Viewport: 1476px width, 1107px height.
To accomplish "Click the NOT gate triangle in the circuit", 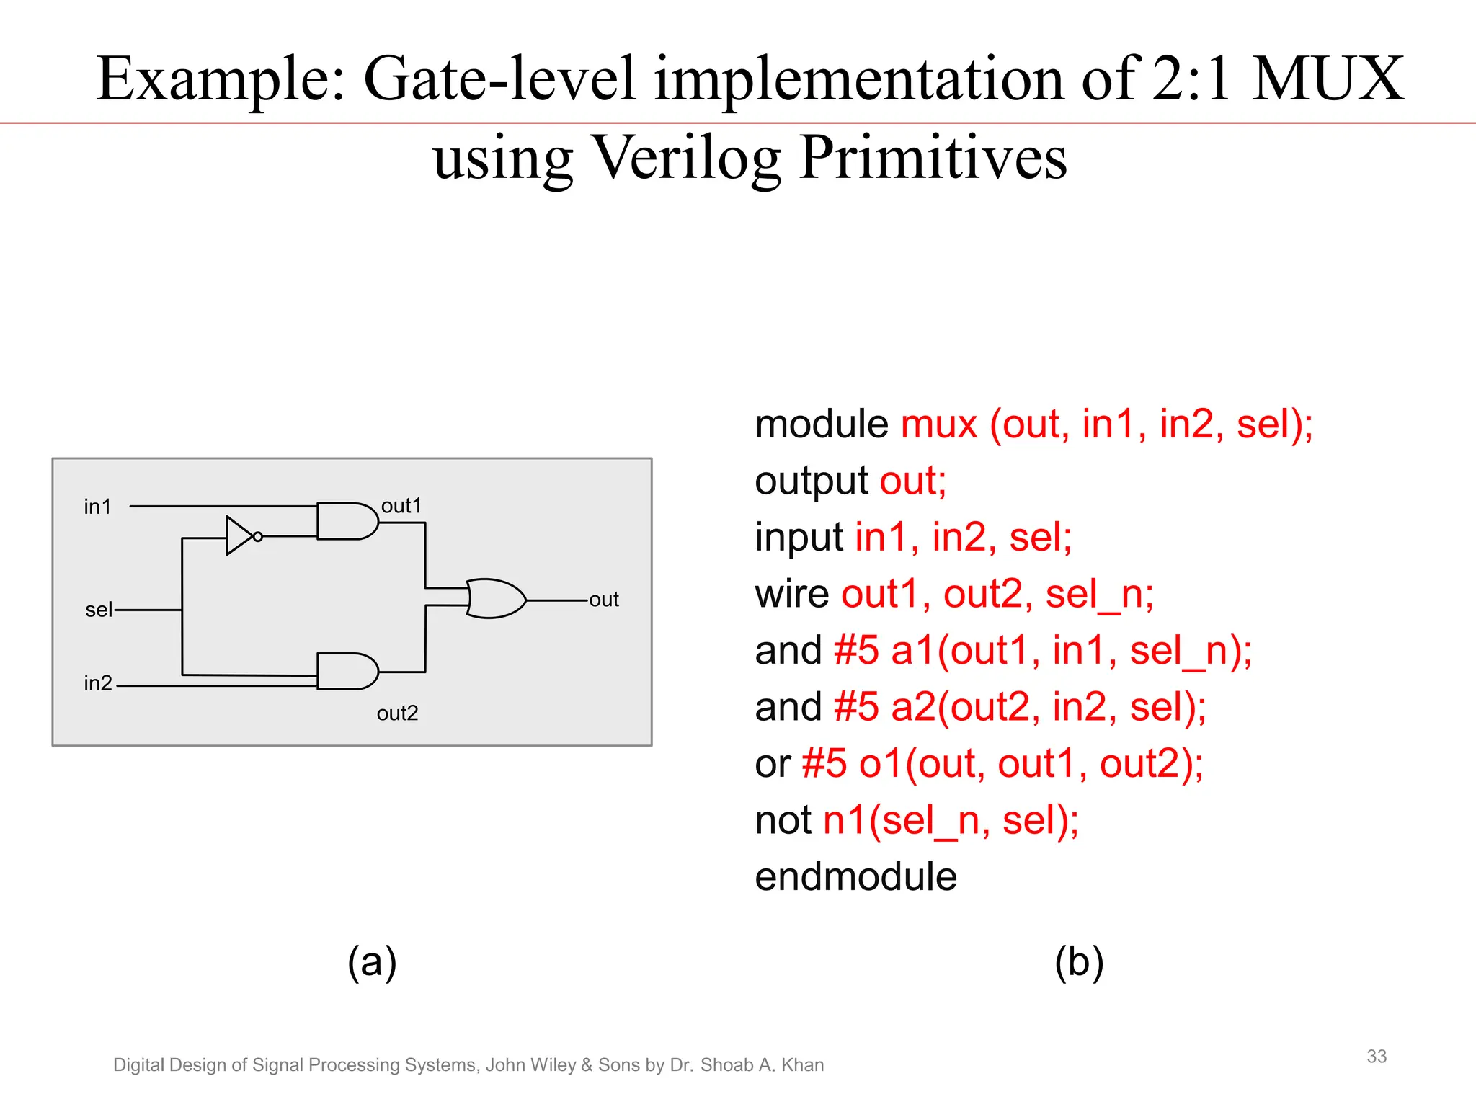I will (239, 535).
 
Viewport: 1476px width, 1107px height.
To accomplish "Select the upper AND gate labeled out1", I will (346, 521).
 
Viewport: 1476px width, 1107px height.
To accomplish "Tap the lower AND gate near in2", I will (346, 671).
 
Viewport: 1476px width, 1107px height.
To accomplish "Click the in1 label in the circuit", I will (97, 507).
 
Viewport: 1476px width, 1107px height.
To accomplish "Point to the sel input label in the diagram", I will (99, 610).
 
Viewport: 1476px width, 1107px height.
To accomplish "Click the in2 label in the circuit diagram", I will (98, 683).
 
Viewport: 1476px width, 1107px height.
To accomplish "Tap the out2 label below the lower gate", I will (397, 713).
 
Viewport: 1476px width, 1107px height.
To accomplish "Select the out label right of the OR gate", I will (604, 600).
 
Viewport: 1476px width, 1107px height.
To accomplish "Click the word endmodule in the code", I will (855, 877).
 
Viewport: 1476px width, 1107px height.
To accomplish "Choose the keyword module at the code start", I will (821, 424).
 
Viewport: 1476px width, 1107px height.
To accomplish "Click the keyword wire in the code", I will (791, 594).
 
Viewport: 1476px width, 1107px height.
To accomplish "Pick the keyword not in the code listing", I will (783, 820).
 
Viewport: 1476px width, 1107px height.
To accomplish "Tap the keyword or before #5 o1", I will (772, 764).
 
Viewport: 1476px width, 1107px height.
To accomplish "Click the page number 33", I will (1376, 1057).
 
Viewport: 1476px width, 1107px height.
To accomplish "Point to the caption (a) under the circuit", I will (372, 962).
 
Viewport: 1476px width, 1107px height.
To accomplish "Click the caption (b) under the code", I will (1078, 962).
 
